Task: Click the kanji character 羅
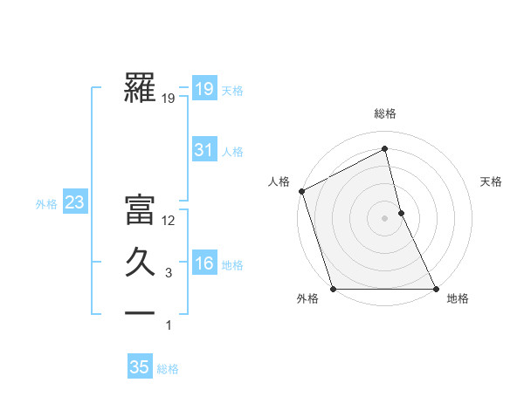point(140,88)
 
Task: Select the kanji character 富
point(140,210)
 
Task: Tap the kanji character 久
point(140,263)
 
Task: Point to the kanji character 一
point(140,312)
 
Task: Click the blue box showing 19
point(203,89)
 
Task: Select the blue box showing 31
point(203,150)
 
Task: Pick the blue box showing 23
point(75,203)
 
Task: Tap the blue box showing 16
point(203,263)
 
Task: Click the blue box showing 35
point(139,367)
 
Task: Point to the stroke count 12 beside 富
point(169,221)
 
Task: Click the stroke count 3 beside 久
point(169,274)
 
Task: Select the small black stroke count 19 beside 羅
point(169,99)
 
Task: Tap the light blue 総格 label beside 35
point(168,369)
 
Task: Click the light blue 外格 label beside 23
point(46,204)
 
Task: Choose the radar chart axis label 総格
point(385,113)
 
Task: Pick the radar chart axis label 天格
point(492,181)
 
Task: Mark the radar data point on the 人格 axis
point(301,191)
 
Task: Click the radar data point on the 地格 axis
point(436,289)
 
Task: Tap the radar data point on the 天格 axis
point(401,213)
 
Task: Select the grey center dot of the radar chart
point(385,218)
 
